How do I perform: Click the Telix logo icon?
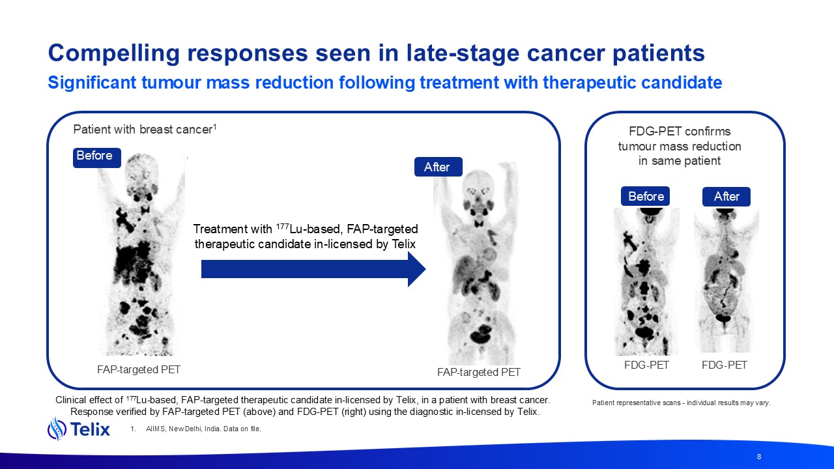pyautogui.click(x=57, y=429)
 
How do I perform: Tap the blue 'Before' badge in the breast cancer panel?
pyautogui.click(x=97, y=158)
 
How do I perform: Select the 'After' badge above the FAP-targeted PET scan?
pyautogui.click(x=439, y=167)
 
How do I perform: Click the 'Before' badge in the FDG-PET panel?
pyautogui.click(x=645, y=196)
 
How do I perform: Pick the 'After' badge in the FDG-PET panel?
pyautogui.click(x=726, y=197)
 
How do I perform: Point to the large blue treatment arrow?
pyautogui.click(x=313, y=269)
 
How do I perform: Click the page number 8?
pyautogui.click(x=759, y=457)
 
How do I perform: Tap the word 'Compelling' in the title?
pyautogui.click(x=114, y=53)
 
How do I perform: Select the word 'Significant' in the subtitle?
pyautogui.click(x=92, y=82)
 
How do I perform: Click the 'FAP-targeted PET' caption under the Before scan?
pyautogui.click(x=139, y=369)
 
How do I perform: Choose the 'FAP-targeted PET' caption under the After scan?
pyautogui.click(x=479, y=372)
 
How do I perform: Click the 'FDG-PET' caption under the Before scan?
pyautogui.click(x=647, y=365)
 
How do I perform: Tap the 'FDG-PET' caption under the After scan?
pyautogui.click(x=725, y=365)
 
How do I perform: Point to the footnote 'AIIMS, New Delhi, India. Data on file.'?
pyautogui.click(x=203, y=429)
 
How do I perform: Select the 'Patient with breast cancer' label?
pyautogui.click(x=145, y=129)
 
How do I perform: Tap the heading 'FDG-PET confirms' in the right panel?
pyautogui.click(x=680, y=132)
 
